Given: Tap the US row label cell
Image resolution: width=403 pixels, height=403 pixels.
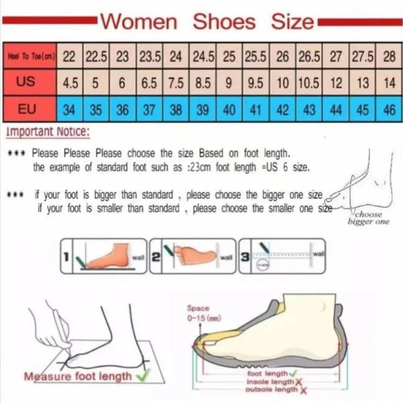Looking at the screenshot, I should coord(26,82).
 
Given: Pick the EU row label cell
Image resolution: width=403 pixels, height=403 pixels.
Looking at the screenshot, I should coord(26,109).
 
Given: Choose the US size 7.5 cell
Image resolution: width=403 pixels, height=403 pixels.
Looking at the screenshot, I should coord(176,83).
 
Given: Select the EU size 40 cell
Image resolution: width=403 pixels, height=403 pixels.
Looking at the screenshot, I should coord(229,110).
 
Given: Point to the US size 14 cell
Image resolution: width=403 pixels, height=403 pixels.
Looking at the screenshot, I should coord(389,83).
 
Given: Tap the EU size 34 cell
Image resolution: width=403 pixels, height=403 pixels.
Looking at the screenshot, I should coord(69,110).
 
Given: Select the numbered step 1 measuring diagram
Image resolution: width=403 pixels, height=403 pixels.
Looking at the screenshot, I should coord(104,256).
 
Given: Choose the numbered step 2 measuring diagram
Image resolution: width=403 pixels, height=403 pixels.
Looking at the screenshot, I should coord(193,256).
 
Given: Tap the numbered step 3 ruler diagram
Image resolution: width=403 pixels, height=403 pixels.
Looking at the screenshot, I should coord(282,256).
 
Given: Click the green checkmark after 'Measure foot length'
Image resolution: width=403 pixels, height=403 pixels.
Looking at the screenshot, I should coord(141,376).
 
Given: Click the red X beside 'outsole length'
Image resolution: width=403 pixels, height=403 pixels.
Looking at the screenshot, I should coord(303,390).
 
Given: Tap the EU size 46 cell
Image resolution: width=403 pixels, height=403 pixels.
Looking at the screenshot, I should coord(389,110).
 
